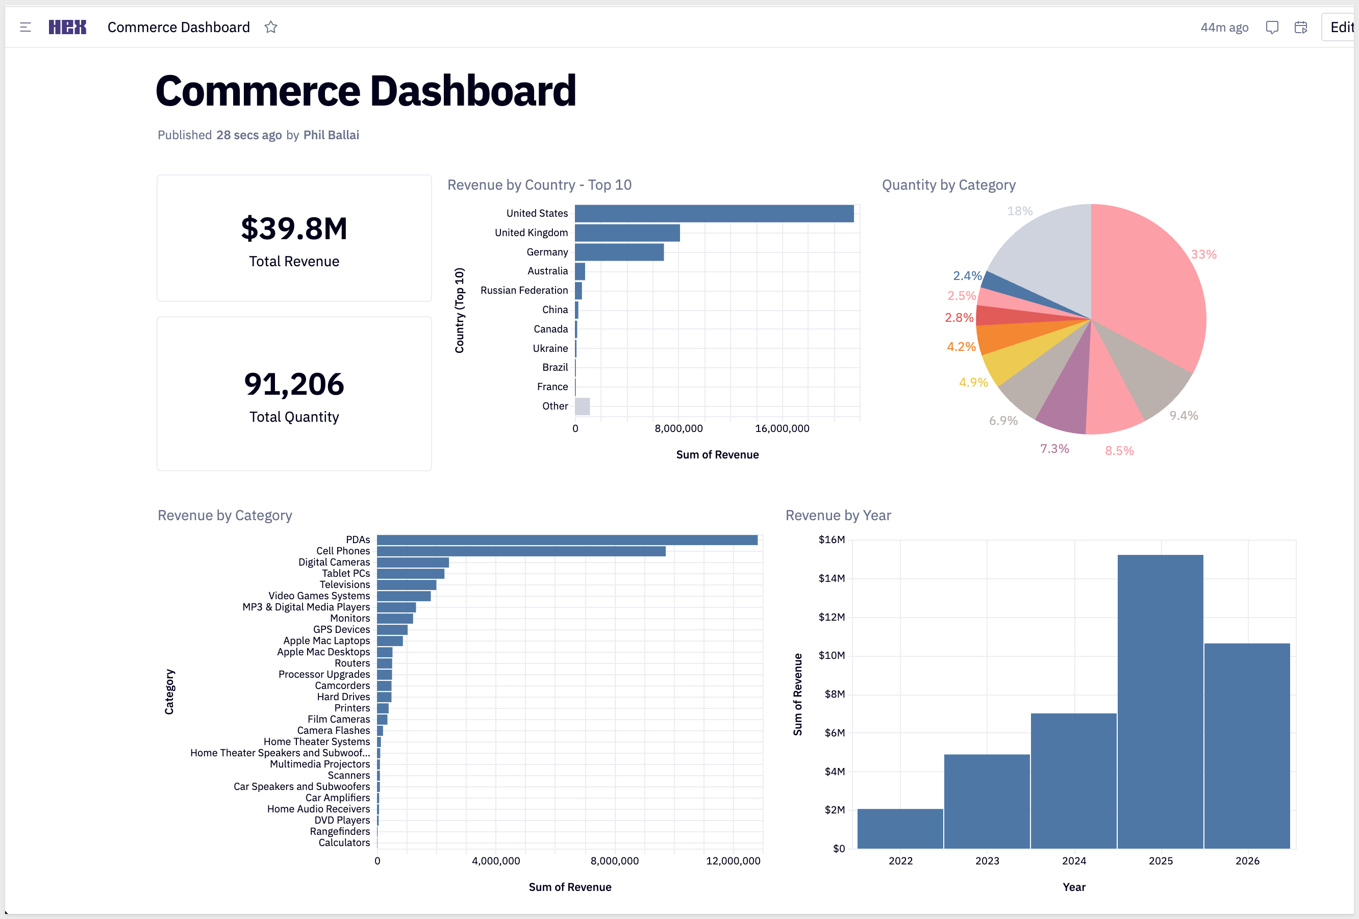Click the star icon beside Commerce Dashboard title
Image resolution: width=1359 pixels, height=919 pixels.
coord(270,27)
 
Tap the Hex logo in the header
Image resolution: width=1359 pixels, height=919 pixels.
coord(67,27)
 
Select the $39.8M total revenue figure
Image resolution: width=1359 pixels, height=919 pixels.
coord(294,228)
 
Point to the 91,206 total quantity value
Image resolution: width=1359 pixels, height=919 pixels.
coord(294,384)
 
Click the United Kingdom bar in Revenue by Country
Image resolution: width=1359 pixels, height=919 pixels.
coord(627,233)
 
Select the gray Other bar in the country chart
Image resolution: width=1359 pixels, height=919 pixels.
coord(583,406)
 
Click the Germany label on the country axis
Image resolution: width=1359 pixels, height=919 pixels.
coord(547,252)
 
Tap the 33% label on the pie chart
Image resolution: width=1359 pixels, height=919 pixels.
coord(1203,254)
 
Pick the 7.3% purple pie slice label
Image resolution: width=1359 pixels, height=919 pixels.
coord(1054,448)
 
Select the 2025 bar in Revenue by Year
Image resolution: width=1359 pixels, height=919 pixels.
coord(1160,702)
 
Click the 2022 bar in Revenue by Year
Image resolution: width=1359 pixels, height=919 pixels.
coord(900,828)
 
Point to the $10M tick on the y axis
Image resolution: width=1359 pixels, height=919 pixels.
coord(832,655)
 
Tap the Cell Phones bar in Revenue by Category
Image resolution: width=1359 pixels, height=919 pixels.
coord(521,551)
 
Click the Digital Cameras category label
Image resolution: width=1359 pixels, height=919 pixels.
coord(334,562)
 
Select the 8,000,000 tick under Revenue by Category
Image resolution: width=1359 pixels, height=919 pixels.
coord(615,860)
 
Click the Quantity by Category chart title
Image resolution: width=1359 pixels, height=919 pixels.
coord(948,185)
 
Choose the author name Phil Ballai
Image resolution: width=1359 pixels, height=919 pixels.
coord(331,135)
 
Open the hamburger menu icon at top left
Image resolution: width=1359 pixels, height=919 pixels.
coord(25,27)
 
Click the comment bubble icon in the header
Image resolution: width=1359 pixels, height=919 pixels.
coord(1272,28)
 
